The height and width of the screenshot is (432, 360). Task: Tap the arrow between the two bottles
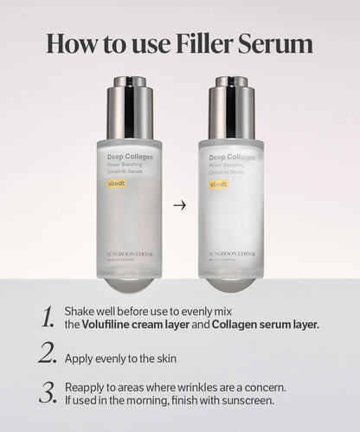pyautogui.click(x=179, y=205)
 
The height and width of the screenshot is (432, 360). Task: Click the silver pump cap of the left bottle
pyautogui.click(x=129, y=107)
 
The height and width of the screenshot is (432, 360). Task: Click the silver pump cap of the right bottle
pyautogui.click(x=231, y=107)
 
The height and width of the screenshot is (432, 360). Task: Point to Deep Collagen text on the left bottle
pyautogui.click(x=128, y=157)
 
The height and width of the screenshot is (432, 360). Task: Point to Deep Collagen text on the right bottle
pyautogui.click(x=230, y=157)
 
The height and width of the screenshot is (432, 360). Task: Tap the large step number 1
pyautogui.click(x=48, y=317)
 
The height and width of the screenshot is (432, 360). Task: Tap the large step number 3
pyautogui.click(x=48, y=392)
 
